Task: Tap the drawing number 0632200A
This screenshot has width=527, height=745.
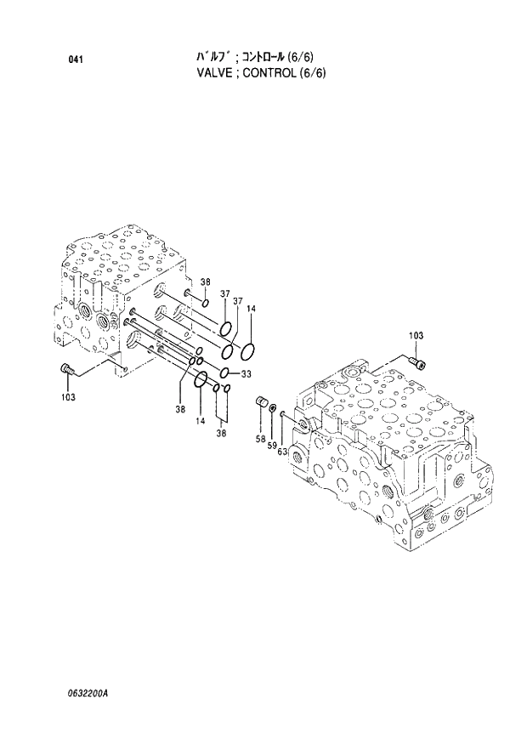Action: [84, 692]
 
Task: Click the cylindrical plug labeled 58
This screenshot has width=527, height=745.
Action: [262, 401]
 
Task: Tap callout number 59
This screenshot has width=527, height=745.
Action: [272, 444]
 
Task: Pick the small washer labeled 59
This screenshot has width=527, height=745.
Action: [271, 410]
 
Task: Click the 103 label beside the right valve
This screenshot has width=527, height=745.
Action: [415, 337]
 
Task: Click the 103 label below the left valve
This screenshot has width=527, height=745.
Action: [68, 397]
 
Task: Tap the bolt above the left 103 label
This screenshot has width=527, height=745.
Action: [67, 368]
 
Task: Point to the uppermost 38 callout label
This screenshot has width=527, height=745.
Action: [205, 282]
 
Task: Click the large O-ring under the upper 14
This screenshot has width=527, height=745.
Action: [248, 350]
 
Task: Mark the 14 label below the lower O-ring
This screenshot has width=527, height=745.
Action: [201, 421]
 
